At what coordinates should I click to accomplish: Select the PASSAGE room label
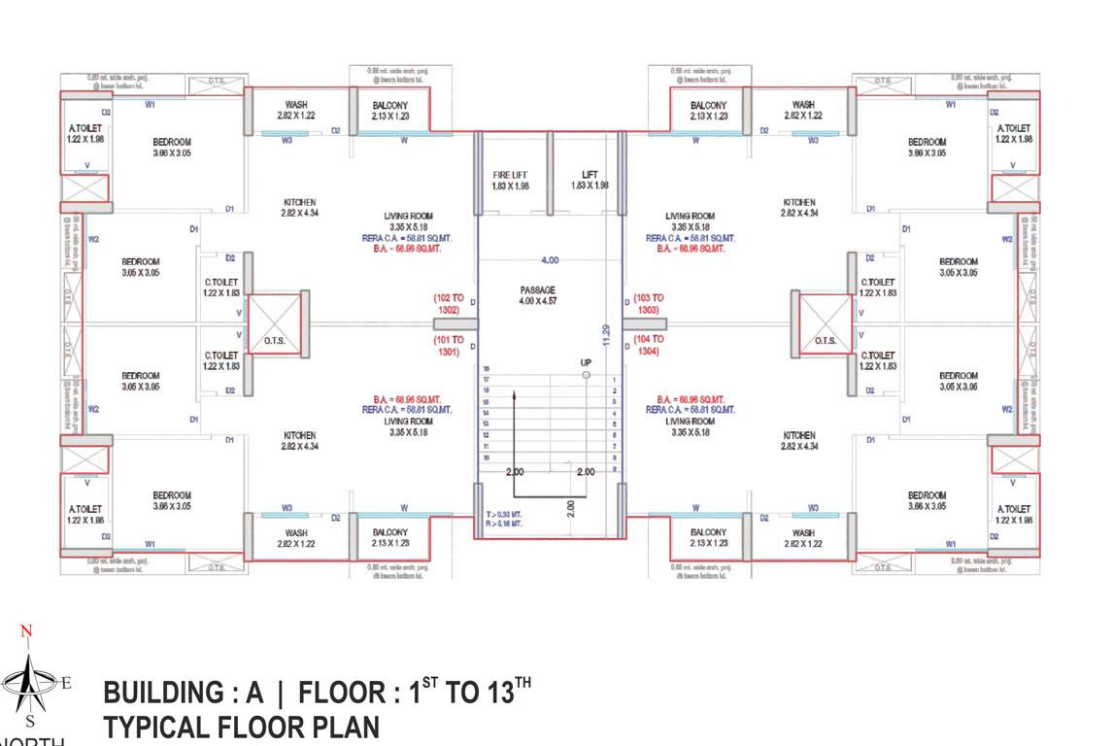click(x=536, y=289)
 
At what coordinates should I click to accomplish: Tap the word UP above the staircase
click(x=586, y=362)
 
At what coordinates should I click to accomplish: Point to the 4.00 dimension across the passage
click(x=550, y=260)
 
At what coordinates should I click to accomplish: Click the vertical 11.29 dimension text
click(x=605, y=334)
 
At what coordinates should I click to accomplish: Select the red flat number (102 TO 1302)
click(x=449, y=304)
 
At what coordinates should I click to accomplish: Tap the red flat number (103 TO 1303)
click(x=648, y=304)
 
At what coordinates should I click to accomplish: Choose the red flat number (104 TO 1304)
click(x=648, y=345)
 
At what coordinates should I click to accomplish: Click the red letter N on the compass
click(x=26, y=632)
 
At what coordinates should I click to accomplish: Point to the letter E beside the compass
click(x=65, y=683)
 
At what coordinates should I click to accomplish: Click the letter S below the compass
click(x=29, y=720)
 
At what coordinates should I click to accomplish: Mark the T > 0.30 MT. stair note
click(x=505, y=514)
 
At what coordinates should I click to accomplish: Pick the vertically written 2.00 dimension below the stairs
click(x=570, y=509)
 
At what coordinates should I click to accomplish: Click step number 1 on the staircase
click(x=615, y=380)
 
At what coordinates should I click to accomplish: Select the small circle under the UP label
click(x=586, y=375)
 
